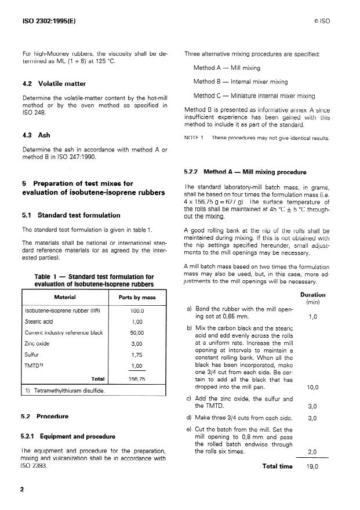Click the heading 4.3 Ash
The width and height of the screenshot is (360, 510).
pyautogui.click(x=35, y=136)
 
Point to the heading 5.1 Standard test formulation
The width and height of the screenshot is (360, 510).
pyautogui.click(x=71, y=216)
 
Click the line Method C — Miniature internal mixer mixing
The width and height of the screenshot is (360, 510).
pyautogui.click(x=254, y=96)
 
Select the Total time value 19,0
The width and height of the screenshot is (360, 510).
pyautogui.click(x=312, y=466)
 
